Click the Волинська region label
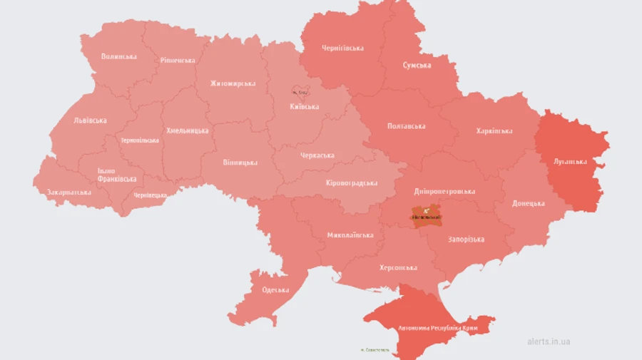click(x=119, y=56)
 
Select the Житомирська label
click(x=233, y=83)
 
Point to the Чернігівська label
click(x=343, y=48)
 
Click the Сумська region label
click(x=417, y=66)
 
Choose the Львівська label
click(x=90, y=120)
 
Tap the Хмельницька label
click(x=187, y=130)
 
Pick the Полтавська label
click(x=406, y=126)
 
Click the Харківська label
click(x=494, y=131)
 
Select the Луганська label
click(x=570, y=161)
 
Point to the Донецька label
click(x=528, y=203)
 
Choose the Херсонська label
click(x=397, y=267)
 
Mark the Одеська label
click(x=275, y=289)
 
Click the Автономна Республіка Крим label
click(x=429, y=329)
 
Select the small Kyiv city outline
click(x=300, y=91)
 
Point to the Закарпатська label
click(x=68, y=192)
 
